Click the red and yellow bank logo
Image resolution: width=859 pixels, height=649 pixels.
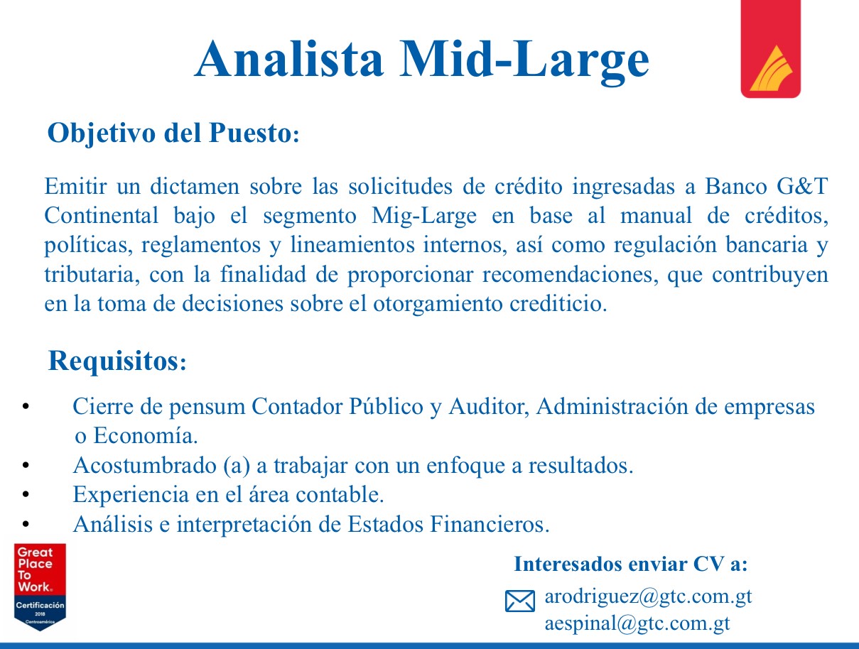[x=771, y=49]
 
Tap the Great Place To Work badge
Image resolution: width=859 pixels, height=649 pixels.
[x=40, y=587]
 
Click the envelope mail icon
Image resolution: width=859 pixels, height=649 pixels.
[x=520, y=601]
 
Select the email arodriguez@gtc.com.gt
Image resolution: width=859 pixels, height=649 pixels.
[x=648, y=596]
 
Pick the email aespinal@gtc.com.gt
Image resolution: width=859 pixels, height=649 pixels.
[x=637, y=623]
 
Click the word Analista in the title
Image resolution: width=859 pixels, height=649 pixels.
[x=288, y=59]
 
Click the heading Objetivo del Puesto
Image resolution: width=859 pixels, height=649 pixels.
[x=173, y=133]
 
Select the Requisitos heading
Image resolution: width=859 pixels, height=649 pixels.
[x=117, y=361]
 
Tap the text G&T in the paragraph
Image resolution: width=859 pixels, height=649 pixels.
[x=802, y=186]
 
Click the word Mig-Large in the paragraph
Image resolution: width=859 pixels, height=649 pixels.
[x=424, y=216]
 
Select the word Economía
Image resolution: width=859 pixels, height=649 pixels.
[x=146, y=436]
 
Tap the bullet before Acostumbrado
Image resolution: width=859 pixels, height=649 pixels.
[x=26, y=465]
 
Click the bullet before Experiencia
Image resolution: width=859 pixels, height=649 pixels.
[x=26, y=495]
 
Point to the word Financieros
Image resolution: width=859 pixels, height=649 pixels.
[x=490, y=524]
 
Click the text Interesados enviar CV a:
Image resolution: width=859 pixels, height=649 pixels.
[x=631, y=565]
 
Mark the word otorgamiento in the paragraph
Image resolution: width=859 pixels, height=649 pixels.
[x=438, y=304]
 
